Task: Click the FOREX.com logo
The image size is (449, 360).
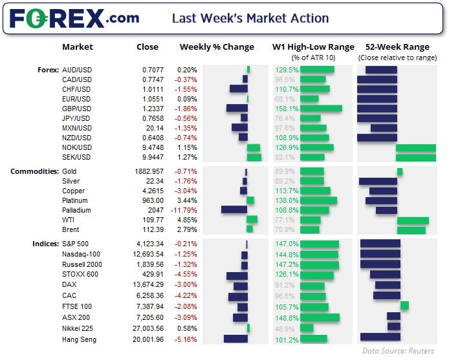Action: (x=74, y=18)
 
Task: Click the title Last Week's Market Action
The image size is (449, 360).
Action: (x=250, y=18)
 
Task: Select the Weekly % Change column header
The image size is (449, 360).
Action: (x=216, y=47)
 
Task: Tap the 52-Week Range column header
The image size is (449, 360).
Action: (x=397, y=47)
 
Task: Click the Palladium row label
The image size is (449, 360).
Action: (x=76, y=210)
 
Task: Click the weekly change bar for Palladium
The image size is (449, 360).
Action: (x=234, y=209)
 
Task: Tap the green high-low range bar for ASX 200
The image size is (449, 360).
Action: (x=320, y=317)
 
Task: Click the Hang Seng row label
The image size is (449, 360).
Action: (x=79, y=339)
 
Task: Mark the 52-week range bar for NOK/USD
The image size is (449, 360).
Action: (x=415, y=148)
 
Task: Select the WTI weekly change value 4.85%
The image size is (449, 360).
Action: (x=188, y=220)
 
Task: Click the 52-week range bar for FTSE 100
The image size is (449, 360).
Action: (x=404, y=306)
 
